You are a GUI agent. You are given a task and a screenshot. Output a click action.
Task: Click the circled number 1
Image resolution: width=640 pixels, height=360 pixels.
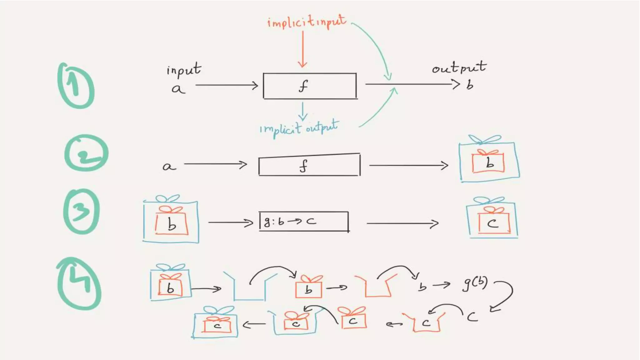point(76,86)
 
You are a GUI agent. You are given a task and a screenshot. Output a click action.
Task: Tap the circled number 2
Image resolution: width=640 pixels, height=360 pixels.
point(86,153)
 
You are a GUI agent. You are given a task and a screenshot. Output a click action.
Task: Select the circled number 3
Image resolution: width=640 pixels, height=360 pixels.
point(81,211)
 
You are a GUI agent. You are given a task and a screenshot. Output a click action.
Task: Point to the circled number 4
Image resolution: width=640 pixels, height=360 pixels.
point(79,284)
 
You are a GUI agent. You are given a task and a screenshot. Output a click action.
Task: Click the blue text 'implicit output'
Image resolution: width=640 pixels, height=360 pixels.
point(299,128)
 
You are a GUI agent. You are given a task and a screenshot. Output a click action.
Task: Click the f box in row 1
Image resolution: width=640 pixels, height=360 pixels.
point(310,86)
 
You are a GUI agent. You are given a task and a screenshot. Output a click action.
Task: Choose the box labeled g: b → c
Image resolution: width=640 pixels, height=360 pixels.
point(303,222)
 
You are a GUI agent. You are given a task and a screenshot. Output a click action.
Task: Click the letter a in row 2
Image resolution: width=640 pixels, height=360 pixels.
point(169,166)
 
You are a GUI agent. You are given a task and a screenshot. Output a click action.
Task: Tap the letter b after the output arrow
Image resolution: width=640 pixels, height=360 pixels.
point(470,85)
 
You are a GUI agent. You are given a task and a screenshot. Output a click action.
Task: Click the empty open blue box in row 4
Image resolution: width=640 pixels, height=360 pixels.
point(249,287)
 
